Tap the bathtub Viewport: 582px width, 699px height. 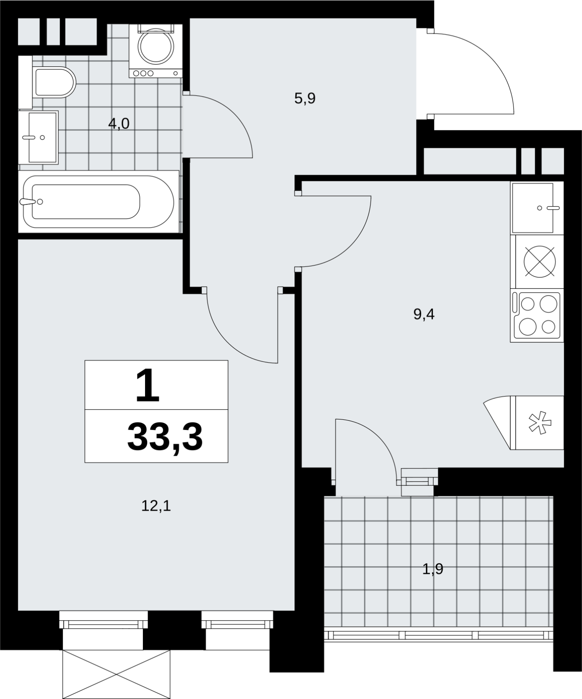click(99, 201)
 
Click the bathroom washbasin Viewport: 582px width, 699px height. click(38, 137)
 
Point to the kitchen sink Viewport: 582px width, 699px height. click(537, 208)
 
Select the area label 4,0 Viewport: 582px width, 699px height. click(119, 124)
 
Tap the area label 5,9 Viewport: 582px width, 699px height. click(305, 99)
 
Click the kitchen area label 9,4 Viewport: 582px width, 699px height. click(424, 314)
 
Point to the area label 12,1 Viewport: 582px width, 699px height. click(156, 506)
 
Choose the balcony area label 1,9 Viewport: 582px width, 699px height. click(433, 569)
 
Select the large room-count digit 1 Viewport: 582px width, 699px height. click(147, 385)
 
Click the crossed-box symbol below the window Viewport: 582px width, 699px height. click(116, 674)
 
